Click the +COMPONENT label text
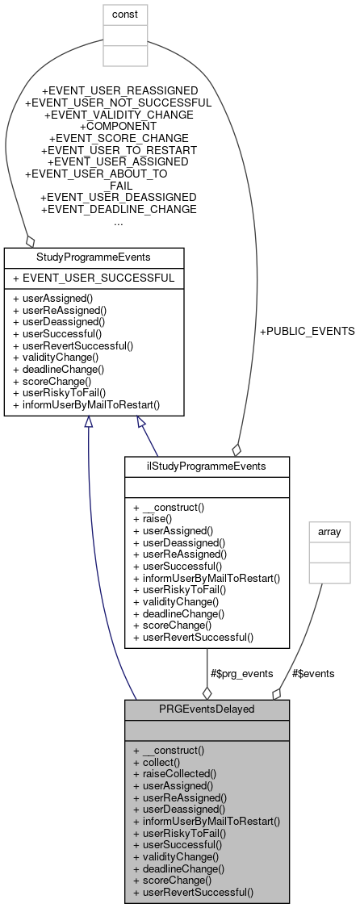click(x=118, y=126)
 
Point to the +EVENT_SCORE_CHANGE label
click(x=118, y=138)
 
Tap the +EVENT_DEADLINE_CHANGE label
click(x=118, y=209)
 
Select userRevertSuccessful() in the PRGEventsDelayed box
click(x=193, y=893)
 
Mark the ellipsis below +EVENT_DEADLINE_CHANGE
click(x=118, y=221)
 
